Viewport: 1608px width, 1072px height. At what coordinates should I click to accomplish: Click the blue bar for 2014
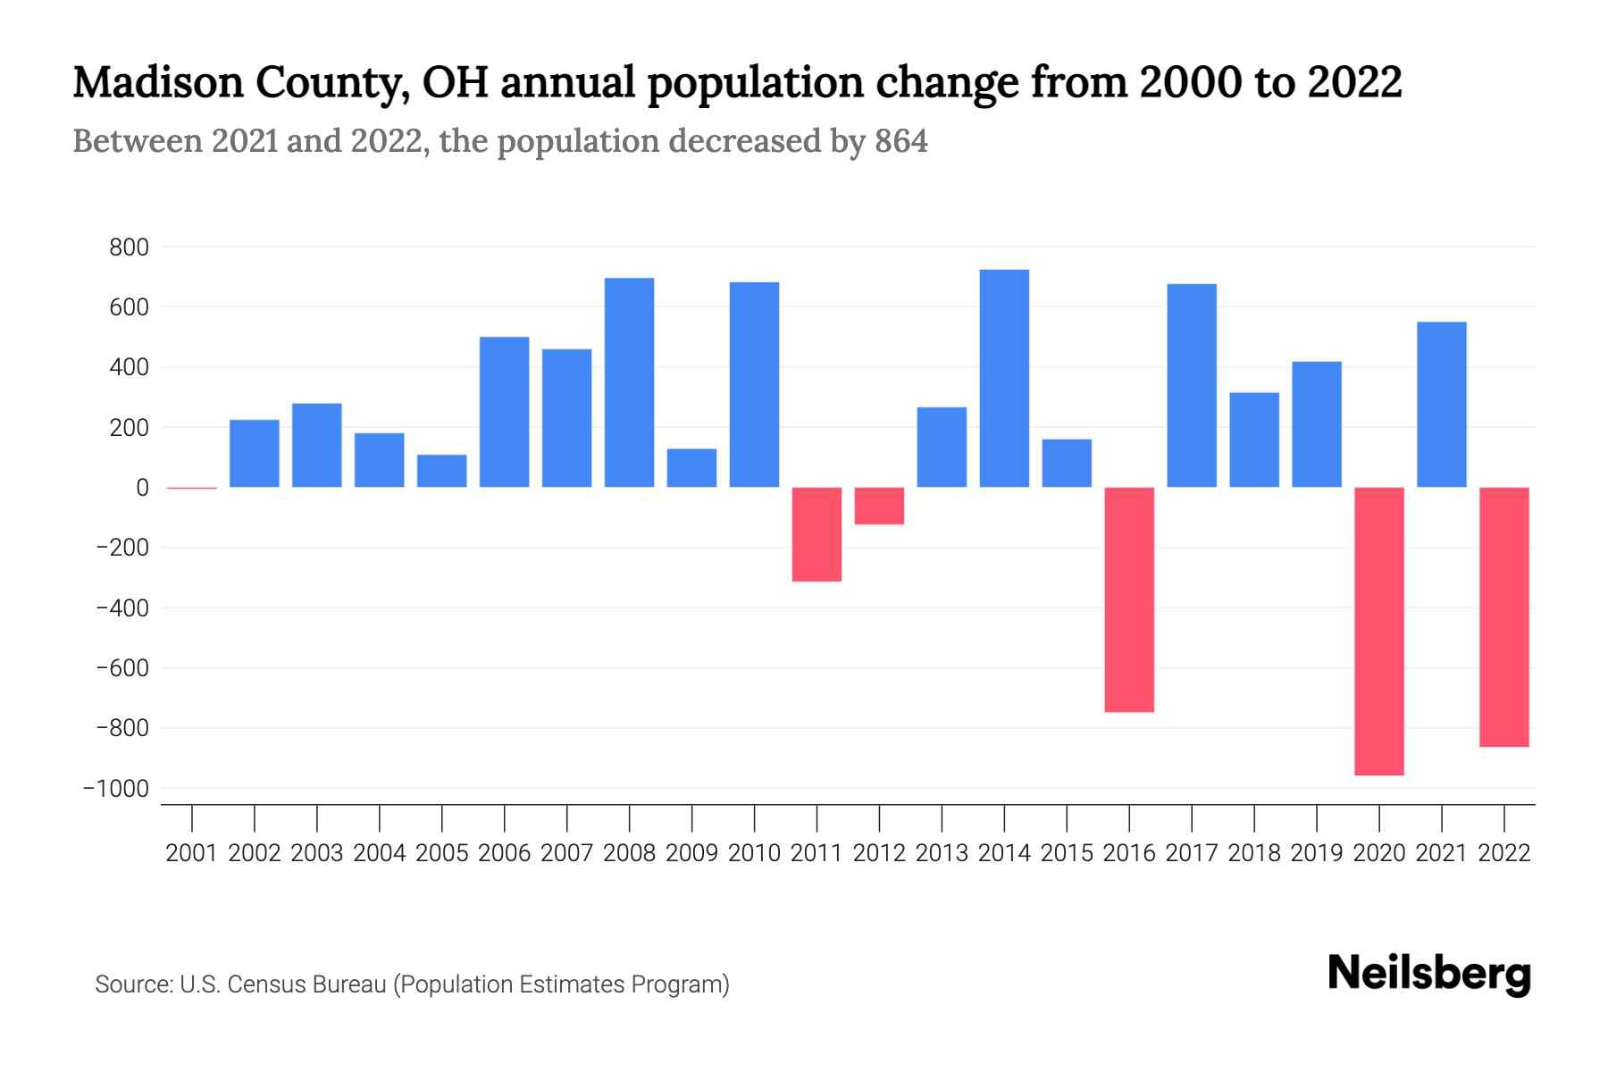pyautogui.click(x=1004, y=378)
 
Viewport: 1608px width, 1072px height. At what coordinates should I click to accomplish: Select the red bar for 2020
pyautogui.click(x=1379, y=631)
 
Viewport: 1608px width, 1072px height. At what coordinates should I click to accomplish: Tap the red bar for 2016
pyautogui.click(x=1129, y=599)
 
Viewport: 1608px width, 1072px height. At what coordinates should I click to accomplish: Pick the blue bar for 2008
pyautogui.click(x=629, y=382)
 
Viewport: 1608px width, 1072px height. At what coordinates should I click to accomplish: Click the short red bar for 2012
pyautogui.click(x=879, y=506)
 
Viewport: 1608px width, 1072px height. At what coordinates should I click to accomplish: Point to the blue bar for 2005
pyautogui.click(x=441, y=471)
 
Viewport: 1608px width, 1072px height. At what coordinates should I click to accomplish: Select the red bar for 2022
pyautogui.click(x=1504, y=616)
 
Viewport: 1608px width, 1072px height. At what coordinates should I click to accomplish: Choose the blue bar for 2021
pyautogui.click(x=1442, y=404)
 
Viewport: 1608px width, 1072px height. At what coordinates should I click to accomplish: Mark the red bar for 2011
pyautogui.click(x=817, y=534)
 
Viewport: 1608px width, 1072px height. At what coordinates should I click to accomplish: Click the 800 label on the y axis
pyautogui.click(x=129, y=247)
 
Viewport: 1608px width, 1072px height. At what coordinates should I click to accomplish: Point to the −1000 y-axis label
pyautogui.click(x=116, y=789)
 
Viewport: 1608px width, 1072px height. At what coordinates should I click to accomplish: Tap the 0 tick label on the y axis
pyautogui.click(x=142, y=488)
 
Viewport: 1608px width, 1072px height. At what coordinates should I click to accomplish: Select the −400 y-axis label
pyautogui.click(x=122, y=608)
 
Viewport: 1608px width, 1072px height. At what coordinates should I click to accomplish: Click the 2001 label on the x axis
pyautogui.click(x=192, y=853)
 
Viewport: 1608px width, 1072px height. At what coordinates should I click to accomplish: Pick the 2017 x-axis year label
pyautogui.click(x=1192, y=853)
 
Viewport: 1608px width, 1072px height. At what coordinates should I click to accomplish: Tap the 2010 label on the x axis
pyautogui.click(x=754, y=853)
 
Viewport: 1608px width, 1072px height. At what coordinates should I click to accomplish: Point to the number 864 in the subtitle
pyautogui.click(x=901, y=141)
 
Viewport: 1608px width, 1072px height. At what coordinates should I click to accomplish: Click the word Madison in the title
pyautogui.click(x=157, y=82)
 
